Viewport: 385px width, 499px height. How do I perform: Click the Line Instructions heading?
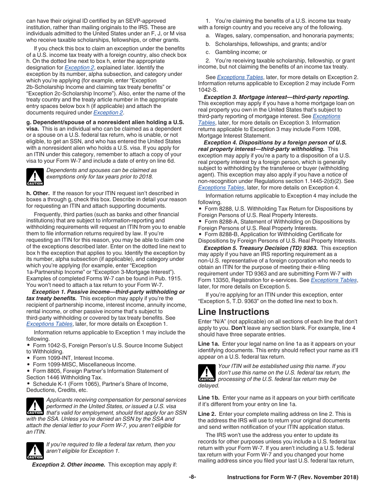pos(233,312)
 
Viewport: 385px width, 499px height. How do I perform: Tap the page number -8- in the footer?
pos(192,477)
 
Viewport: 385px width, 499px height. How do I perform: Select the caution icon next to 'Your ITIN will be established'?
pos(207,373)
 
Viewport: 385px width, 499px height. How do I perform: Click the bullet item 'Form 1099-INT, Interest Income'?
pos(73,358)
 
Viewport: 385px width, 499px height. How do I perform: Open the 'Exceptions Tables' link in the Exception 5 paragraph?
pos(334,280)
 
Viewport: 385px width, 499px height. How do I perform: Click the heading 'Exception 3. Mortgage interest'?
pos(276,97)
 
